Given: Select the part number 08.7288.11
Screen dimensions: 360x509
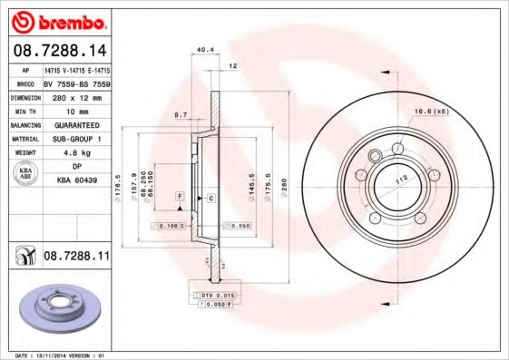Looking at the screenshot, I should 76,258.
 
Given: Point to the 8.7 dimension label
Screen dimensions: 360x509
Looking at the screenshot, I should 181,116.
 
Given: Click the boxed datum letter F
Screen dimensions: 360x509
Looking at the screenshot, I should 181,197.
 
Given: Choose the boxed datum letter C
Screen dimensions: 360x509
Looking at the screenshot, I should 210,197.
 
